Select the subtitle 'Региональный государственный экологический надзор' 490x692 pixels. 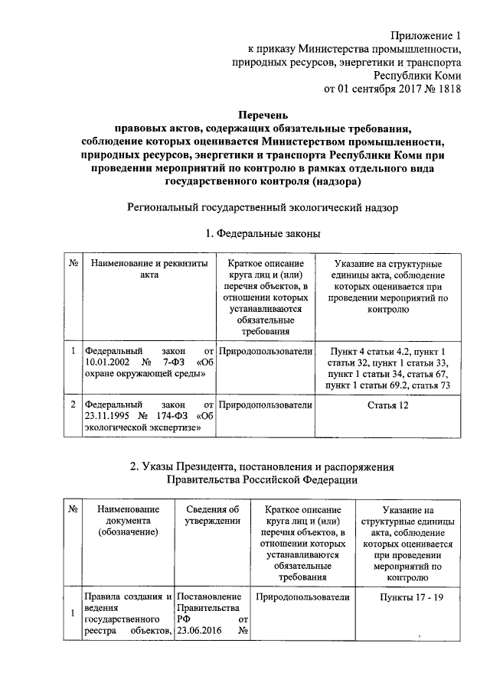262,207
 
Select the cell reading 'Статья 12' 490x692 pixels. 387,404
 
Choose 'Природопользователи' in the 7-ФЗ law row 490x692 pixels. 265,351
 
